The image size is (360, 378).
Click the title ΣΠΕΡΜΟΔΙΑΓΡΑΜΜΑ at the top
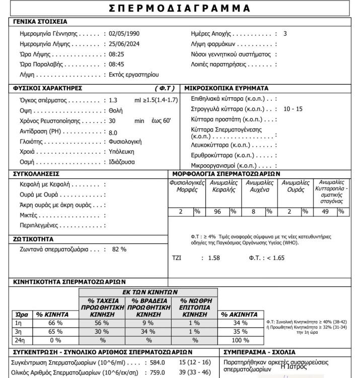(x=180, y=8)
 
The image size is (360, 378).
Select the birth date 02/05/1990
(x=124, y=33)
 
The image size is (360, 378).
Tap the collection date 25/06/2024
(x=124, y=44)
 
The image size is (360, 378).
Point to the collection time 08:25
(x=117, y=54)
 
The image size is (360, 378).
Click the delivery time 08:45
(x=117, y=65)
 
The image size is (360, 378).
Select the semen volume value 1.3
(x=113, y=100)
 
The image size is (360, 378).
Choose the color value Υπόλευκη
(x=122, y=152)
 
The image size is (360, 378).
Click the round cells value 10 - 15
(x=293, y=109)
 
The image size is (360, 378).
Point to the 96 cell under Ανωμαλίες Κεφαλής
(x=218, y=212)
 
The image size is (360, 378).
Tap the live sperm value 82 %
(x=119, y=249)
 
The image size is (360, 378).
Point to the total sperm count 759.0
(x=159, y=373)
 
